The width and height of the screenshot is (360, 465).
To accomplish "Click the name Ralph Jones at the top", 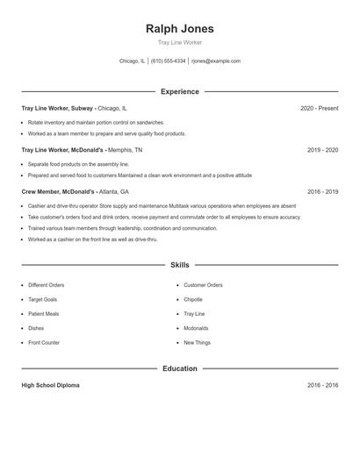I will [x=180, y=28].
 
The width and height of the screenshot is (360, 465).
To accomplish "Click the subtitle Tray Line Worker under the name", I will [x=180, y=43].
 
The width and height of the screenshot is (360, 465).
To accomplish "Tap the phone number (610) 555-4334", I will [x=168, y=61].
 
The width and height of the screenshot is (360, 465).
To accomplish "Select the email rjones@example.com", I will [x=216, y=61].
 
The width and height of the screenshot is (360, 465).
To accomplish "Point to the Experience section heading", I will [x=180, y=91].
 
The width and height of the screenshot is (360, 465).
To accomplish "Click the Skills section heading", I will [x=180, y=264].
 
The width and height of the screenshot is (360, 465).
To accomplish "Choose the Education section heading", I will [x=180, y=368].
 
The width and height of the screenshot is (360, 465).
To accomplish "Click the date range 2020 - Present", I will [x=319, y=108].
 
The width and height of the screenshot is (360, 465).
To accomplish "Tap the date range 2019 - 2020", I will [x=322, y=150].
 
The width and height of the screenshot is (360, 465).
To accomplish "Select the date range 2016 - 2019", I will [x=322, y=191].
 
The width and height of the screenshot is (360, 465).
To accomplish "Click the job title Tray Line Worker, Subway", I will [x=58, y=108].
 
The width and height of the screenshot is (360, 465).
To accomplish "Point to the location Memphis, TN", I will [x=125, y=150].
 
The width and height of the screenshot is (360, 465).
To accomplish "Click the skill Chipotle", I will [x=193, y=299].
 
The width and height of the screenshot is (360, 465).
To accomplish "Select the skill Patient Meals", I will [x=43, y=313].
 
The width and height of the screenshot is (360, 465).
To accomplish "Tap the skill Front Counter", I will [x=44, y=342].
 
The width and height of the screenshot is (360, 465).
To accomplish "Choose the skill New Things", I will [x=197, y=342].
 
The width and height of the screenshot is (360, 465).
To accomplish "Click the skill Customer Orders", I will [x=203, y=285].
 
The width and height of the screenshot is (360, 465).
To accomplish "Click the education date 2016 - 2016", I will [x=322, y=385].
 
